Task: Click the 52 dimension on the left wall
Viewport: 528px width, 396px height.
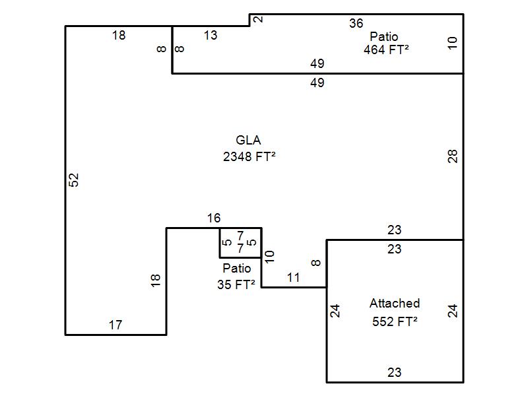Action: point(73,180)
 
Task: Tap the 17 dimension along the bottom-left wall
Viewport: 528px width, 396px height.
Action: point(115,325)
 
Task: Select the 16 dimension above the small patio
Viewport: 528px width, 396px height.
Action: point(214,218)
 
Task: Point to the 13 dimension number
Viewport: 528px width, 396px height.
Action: point(211,35)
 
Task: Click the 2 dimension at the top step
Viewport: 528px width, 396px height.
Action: point(258,19)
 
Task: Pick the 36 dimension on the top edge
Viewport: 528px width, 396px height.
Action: point(356,23)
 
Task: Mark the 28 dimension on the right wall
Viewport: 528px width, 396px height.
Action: point(453,156)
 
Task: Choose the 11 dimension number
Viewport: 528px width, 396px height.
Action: point(293,277)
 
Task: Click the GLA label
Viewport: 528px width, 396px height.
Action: point(248,140)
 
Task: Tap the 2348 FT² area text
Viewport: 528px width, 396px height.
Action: point(249,156)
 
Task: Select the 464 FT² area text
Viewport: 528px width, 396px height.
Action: point(386,50)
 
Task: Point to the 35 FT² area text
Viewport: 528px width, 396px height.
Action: point(236,284)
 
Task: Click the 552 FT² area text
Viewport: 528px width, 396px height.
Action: point(395,321)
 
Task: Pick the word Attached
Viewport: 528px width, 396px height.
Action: point(395,303)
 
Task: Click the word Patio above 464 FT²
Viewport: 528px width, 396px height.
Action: point(384,36)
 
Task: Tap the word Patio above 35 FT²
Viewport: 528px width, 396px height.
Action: point(237,268)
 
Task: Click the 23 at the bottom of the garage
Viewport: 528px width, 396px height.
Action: point(394,372)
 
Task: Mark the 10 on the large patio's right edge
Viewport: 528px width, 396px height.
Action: point(452,43)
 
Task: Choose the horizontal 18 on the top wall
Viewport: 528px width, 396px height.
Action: point(119,35)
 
